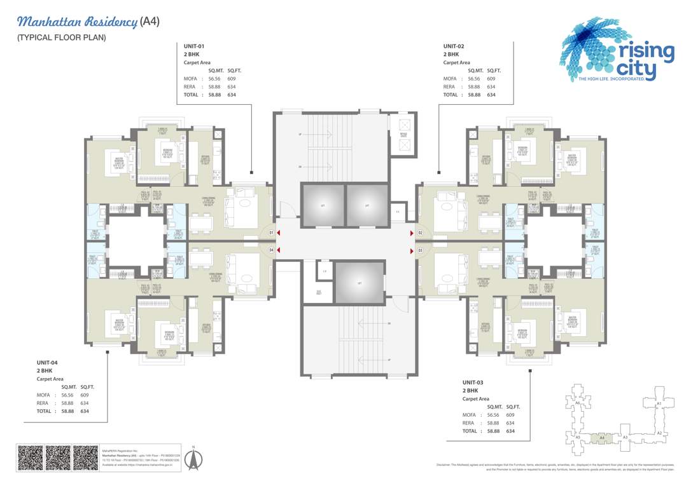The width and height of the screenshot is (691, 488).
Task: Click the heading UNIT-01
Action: tap(193, 46)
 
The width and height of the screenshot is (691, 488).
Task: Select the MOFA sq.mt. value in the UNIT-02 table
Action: tap(474, 79)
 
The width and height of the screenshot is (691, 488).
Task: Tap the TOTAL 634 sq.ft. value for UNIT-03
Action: tap(510, 431)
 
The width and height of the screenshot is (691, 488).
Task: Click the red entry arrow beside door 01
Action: tap(279, 233)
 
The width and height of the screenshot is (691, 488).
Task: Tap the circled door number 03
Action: tap(420, 251)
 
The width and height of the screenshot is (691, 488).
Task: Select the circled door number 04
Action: tap(271, 250)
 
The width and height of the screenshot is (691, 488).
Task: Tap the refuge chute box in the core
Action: tap(403, 136)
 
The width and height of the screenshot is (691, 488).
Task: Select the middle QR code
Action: tap(58, 457)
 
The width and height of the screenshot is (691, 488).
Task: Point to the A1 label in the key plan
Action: tap(659, 403)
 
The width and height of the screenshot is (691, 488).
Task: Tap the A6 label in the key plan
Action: tap(577, 403)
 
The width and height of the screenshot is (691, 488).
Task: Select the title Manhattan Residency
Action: tap(77, 22)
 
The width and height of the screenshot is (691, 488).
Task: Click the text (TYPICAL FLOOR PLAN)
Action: tap(61, 37)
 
